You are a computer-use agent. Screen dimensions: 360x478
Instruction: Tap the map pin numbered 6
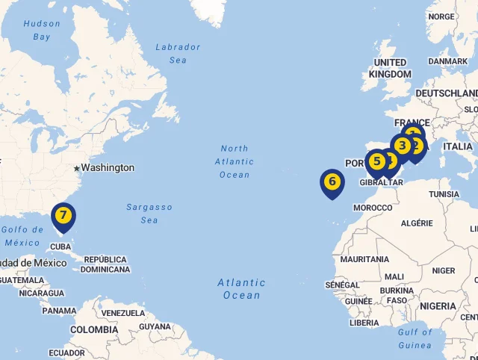(332, 181)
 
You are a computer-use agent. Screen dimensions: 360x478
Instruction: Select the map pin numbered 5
(376, 161)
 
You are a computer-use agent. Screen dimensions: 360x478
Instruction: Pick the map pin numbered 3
(403, 146)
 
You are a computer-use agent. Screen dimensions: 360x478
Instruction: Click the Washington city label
(108, 168)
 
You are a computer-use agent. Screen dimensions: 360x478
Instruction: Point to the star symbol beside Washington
(76, 168)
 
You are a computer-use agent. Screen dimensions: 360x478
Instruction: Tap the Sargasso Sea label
(149, 214)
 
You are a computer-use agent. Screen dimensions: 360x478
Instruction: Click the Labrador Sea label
(178, 53)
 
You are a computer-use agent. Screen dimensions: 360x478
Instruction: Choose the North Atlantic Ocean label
(235, 161)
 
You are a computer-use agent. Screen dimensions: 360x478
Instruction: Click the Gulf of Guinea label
(415, 338)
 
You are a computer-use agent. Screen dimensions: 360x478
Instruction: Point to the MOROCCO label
(373, 208)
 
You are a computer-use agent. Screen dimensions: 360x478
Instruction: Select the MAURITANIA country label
(364, 259)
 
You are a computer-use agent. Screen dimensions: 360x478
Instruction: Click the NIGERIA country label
(438, 306)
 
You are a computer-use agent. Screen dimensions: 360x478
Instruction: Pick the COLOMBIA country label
(94, 329)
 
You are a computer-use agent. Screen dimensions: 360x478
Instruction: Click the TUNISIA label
(444, 194)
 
